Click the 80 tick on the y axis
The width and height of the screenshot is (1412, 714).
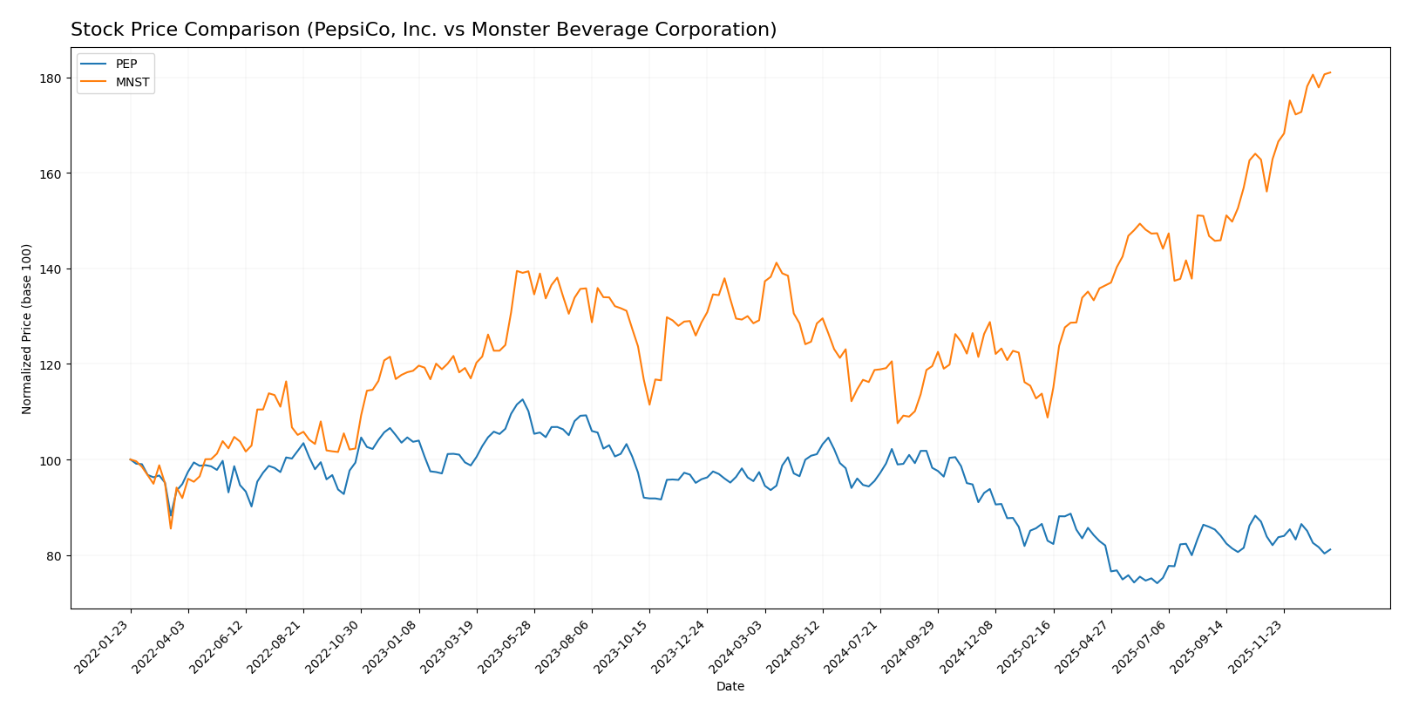point(53,556)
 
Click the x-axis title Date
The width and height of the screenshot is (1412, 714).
point(730,687)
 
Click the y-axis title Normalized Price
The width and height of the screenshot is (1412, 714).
point(27,329)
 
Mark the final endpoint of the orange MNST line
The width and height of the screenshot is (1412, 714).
point(1330,72)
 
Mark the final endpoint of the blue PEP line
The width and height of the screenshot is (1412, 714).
point(1330,549)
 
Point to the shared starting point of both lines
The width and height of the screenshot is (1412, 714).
point(131,459)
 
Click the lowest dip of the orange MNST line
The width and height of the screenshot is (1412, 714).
point(171,528)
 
